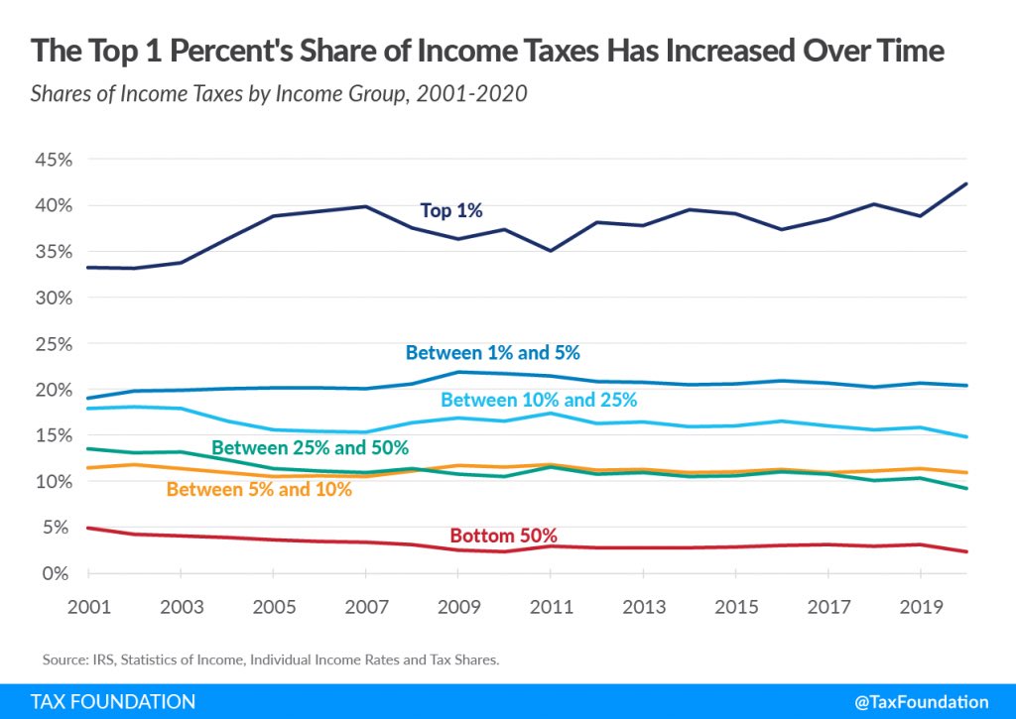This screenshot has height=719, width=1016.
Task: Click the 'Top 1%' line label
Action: click(x=451, y=210)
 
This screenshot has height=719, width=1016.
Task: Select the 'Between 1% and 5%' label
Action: click(x=492, y=352)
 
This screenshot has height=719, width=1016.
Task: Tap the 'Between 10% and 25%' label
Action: click(x=539, y=400)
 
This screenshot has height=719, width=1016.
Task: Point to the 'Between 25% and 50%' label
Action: click(x=310, y=447)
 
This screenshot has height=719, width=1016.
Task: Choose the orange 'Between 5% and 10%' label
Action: click(x=259, y=489)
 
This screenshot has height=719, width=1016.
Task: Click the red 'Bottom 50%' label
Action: click(x=503, y=536)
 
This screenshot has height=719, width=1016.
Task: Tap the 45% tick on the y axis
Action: click(x=54, y=160)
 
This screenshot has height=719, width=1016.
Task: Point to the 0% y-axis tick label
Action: click(x=56, y=573)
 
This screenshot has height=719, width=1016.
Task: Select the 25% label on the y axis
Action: click(x=54, y=344)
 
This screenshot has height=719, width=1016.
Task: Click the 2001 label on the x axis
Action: click(x=89, y=607)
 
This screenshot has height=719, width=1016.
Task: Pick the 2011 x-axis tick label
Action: click(x=552, y=607)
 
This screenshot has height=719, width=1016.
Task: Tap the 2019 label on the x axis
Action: click(x=921, y=607)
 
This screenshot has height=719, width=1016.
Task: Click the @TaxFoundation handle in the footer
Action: click(x=922, y=702)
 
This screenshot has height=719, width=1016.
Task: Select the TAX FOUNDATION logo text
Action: click(x=113, y=701)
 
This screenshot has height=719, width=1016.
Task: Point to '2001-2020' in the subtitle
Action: click(x=471, y=94)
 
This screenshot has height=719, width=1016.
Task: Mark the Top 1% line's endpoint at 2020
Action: click(x=966, y=183)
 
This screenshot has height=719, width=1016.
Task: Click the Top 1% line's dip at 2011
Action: click(x=551, y=251)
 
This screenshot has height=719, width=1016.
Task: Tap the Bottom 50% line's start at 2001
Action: click(x=88, y=528)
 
